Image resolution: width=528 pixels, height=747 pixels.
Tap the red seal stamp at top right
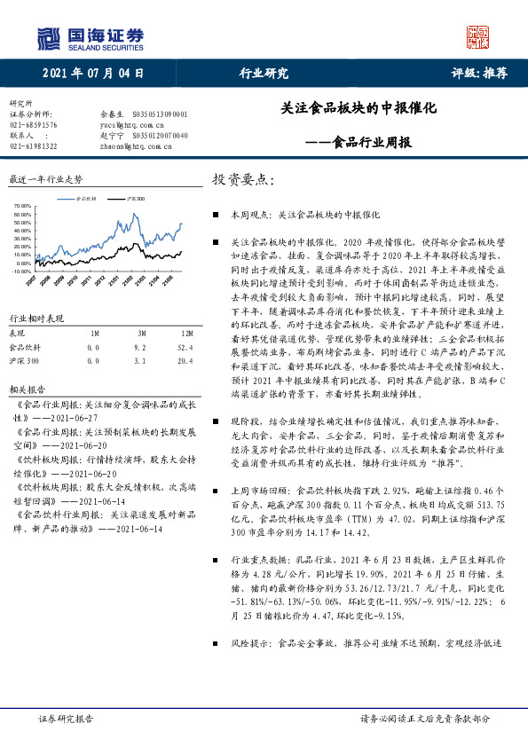478,36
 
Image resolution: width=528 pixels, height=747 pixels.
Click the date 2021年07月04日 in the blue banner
93,74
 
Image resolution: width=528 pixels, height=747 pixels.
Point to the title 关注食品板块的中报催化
359,106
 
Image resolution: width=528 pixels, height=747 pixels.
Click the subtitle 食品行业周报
369,141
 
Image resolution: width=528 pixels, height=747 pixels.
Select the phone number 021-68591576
33,125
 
